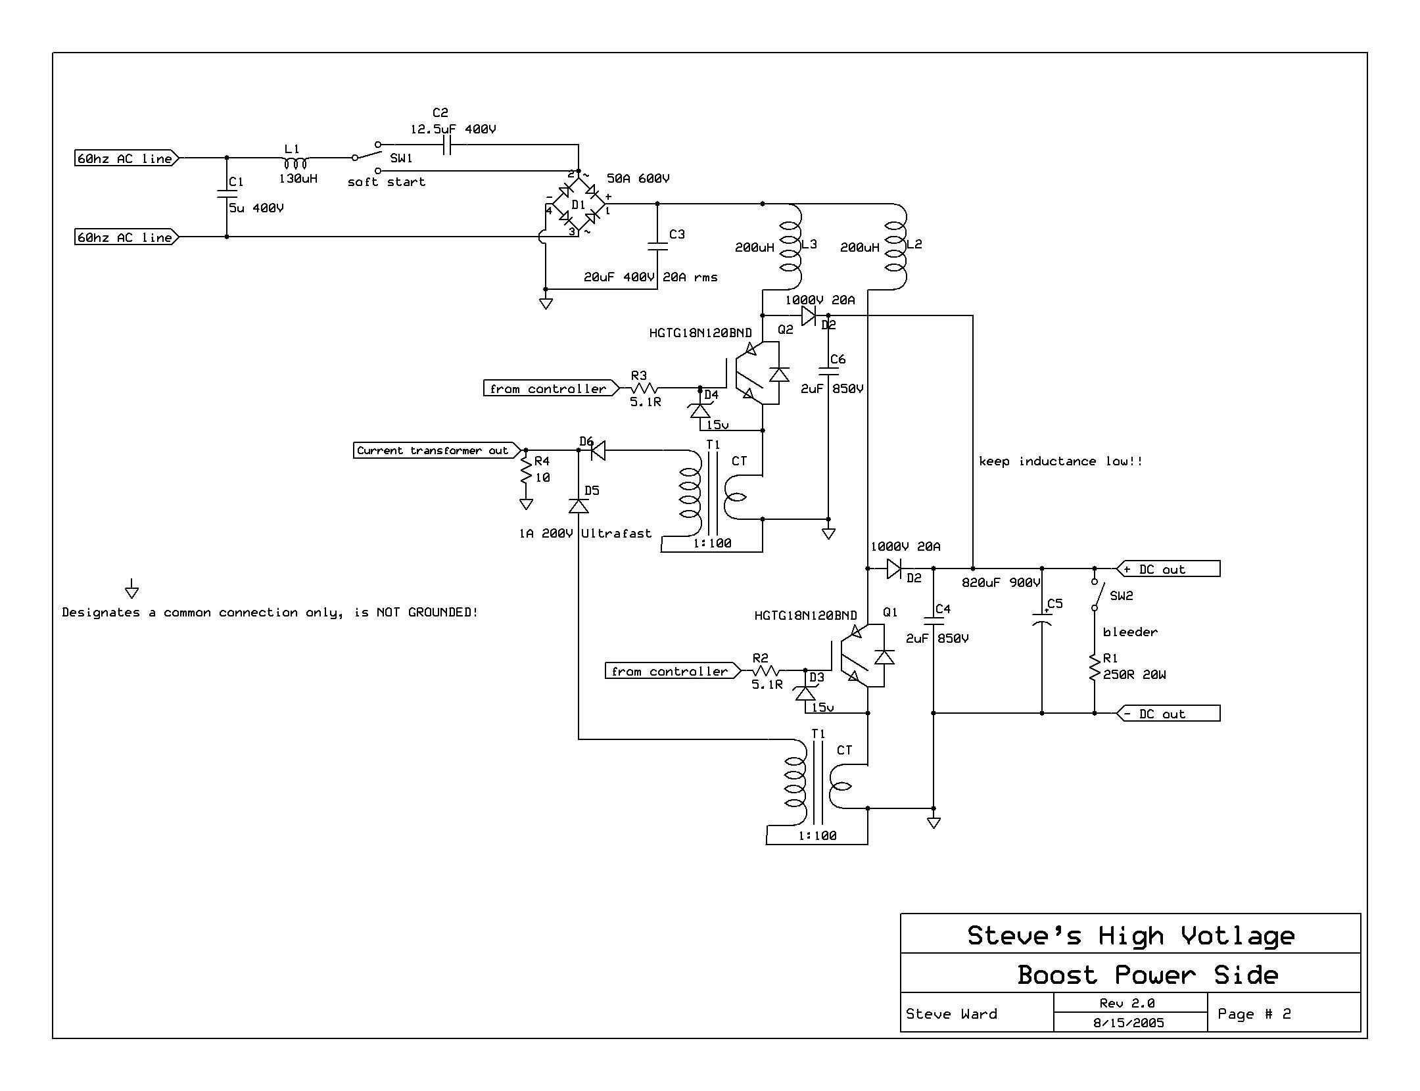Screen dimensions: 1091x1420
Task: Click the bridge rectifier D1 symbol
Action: coord(578,204)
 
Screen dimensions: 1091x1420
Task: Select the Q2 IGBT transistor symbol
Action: coord(756,375)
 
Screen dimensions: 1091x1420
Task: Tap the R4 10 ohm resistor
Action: coord(526,470)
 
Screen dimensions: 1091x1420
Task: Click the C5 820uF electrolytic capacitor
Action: coord(1042,618)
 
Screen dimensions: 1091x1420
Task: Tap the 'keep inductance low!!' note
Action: coord(1060,461)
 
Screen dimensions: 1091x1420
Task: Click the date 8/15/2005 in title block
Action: coord(1129,1023)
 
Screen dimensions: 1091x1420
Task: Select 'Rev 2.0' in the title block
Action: coord(1127,1003)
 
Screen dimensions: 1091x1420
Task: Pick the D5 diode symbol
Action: coord(579,506)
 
